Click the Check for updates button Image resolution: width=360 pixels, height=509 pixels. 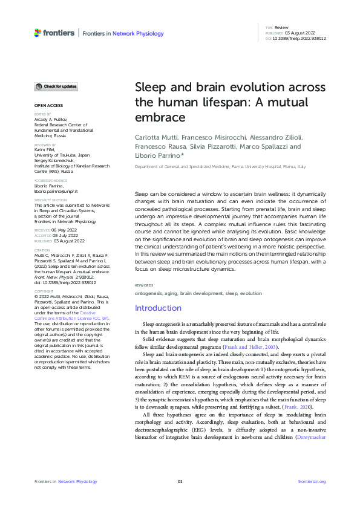pyautogui.click(x=56, y=86)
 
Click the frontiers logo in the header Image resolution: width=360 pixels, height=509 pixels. pyautogui.click(x=54, y=33)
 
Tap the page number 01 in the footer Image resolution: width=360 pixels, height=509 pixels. pyautogui.click(x=180, y=481)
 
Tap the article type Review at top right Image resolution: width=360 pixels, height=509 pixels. pyautogui.click(x=281, y=28)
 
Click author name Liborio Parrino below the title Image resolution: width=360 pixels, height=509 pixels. pyautogui.click(x=157, y=155)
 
